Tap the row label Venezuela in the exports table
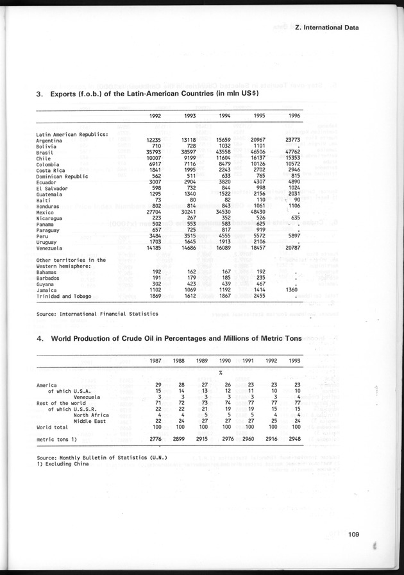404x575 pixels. (51, 248)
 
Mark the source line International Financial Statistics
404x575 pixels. (97, 314)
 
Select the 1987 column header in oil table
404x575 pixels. (156, 361)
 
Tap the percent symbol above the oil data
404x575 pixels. (220, 373)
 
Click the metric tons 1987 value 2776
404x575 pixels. (155, 439)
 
